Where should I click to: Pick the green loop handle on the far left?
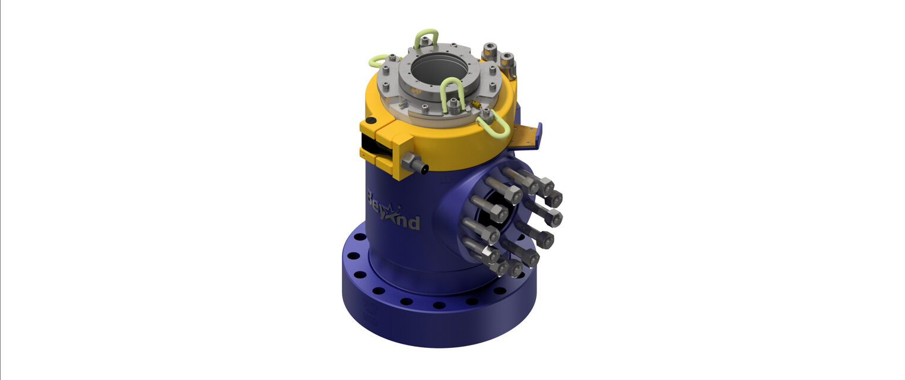(378, 61)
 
